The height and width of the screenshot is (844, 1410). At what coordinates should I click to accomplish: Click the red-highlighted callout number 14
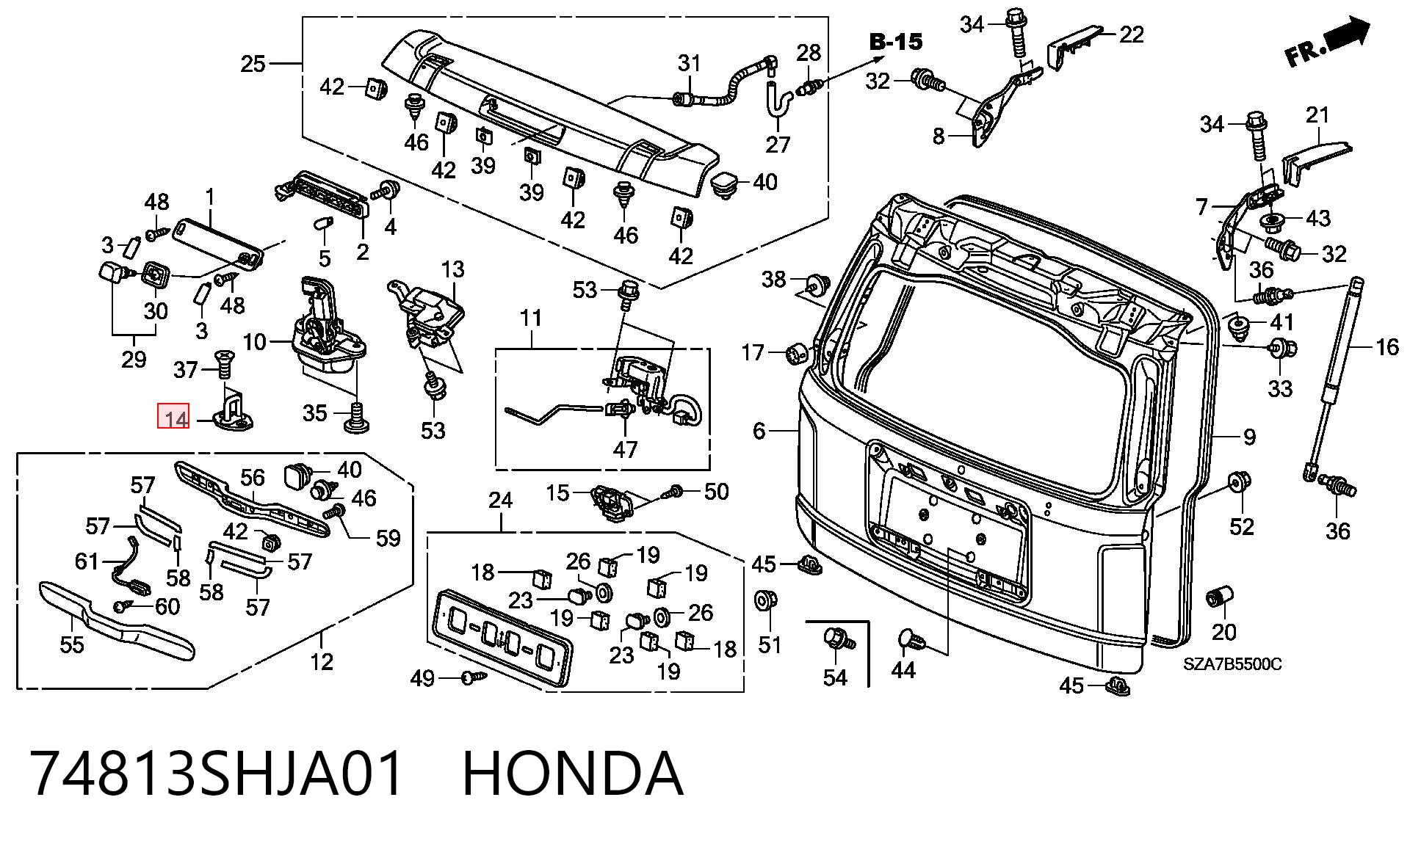pyautogui.click(x=175, y=419)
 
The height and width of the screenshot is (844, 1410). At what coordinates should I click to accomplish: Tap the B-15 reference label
pyautogui.click(x=896, y=42)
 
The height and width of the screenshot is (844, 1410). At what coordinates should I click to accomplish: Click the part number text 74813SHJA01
pyautogui.click(x=217, y=774)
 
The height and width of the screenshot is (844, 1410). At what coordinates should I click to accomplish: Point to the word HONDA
pyautogui.click(x=574, y=774)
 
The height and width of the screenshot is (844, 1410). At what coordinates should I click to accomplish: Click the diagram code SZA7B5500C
pyautogui.click(x=1232, y=664)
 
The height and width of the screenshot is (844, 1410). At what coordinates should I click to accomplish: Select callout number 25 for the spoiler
pyautogui.click(x=253, y=64)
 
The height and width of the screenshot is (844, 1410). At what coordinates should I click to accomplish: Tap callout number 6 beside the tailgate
pyautogui.click(x=759, y=431)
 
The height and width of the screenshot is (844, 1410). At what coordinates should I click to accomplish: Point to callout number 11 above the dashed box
pyautogui.click(x=530, y=319)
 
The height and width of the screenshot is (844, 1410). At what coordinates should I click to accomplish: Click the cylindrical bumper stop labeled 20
pyautogui.click(x=1221, y=598)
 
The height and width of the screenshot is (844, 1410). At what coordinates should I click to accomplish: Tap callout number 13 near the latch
pyautogui.click(x=453, y=269)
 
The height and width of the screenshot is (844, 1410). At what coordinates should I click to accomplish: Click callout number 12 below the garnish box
pyautogui.click(x=322, y=662)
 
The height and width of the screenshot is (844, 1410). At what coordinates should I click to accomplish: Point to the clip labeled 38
pyautogui.click(x=817, y=283)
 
